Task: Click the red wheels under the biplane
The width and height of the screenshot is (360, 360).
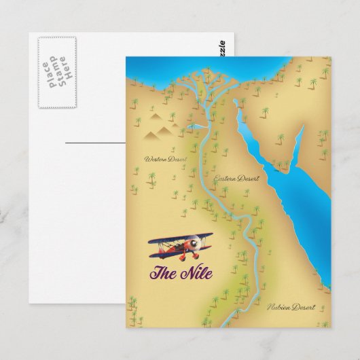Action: pos(188,258)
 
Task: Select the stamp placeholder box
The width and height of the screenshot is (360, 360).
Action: pos(56,71)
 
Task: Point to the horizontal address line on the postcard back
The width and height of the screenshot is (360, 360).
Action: pos(95,143)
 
